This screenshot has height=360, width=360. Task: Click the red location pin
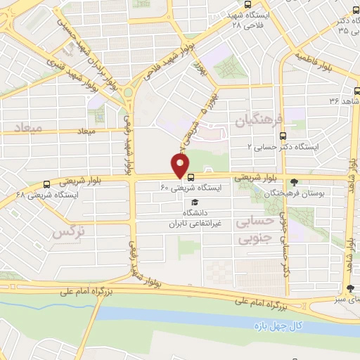(181, 167)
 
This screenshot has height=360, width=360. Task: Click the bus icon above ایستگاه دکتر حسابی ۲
(283, 136)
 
